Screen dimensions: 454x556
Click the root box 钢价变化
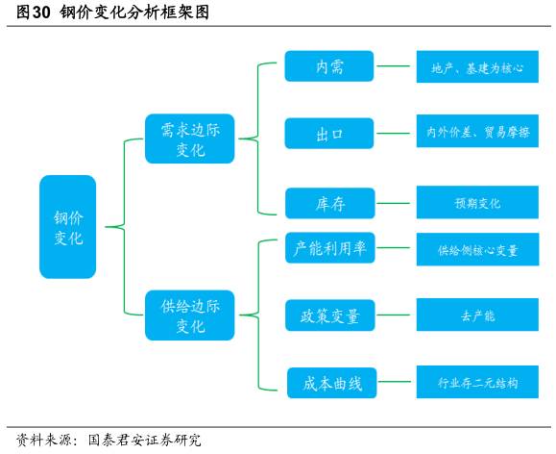[x=68, y=227]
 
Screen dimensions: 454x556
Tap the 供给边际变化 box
[x=190, y=315]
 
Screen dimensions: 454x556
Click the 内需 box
[x=329, y=66]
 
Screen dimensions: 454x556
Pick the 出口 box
[x=329, y=134]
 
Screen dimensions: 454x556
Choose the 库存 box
[x=329, y=203]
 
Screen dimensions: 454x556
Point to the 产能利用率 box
[x=329, y=248]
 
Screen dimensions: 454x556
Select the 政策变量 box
[x=329, y=315]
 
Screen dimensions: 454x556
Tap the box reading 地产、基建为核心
[x=476, y=68]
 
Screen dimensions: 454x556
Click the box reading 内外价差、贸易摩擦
[x=476, y=133]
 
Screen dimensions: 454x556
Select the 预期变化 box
[x=476, y=203]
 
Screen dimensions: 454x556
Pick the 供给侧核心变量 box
[x=476, y=249]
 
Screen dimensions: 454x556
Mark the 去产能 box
[x=476, y=315]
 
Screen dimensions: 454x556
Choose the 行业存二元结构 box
[x=476, y=382]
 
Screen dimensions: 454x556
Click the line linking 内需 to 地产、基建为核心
[x=395, y=67]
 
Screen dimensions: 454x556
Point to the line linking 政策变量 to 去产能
[x=395, y=315]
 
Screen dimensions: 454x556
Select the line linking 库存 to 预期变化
[x=395, y=203]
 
